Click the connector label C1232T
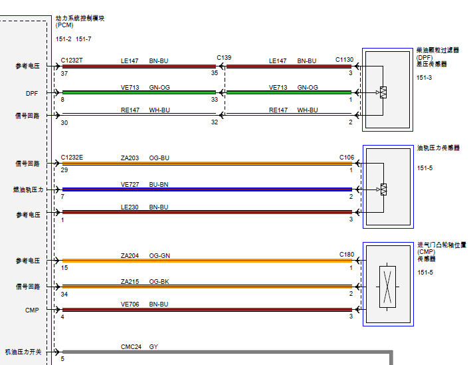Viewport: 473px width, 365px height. [x=72, y=61]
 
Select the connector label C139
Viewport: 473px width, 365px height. [x=224, y=58]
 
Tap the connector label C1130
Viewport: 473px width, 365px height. [x=345, y=60]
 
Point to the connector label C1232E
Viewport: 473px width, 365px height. [x=72, y=158]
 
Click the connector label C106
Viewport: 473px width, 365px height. [x=347, y=158]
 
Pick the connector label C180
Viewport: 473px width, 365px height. [x=347, y=255]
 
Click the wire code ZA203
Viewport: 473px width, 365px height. [x=130, y=158]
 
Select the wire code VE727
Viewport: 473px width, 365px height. [x=130, y=185]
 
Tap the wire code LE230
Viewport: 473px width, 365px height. [x=130, y=207]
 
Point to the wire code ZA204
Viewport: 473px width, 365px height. [x=130, y=256]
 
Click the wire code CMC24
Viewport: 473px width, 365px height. [x=132, y=347]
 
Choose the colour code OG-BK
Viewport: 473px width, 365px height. [x=159, y=282]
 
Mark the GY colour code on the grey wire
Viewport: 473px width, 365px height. [x=153, y=347]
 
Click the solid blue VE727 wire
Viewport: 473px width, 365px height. [x=207, y=189]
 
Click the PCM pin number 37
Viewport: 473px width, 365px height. [x=64, y=74]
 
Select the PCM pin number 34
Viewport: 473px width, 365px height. [x=64, y=295]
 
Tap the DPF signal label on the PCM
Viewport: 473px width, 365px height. [x=32, y=94]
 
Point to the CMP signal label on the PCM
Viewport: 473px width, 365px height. [x=32, y=310]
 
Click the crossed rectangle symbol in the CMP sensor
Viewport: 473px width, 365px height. [x=387, y=287]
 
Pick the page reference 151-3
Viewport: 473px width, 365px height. [x=424, y=78]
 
